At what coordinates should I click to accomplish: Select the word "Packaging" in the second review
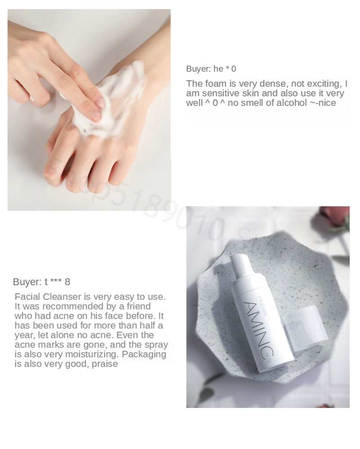click(144, 354)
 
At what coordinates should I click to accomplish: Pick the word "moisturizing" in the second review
click(90, 354)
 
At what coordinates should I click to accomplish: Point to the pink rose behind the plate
click(335, 216)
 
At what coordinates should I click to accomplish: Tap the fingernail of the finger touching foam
click(95, 114)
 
